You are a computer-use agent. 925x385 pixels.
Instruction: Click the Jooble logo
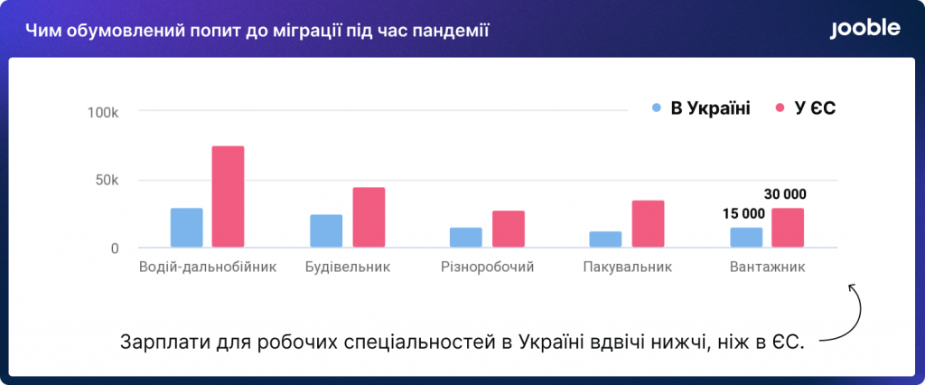tap(864, 29)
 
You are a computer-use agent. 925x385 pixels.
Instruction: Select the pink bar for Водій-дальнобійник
tap(229, 196)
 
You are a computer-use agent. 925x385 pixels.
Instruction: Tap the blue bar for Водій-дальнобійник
tap(186, 228)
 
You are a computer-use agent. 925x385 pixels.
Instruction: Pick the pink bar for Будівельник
tap(369, 217)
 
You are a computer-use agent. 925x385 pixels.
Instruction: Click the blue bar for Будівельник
tap(326, 230)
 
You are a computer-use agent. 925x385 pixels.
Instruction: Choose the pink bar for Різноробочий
tap(509, 229)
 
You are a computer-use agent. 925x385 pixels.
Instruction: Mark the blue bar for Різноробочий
tap(466, 237)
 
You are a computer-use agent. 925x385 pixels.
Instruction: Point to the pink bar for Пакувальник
tap(648, 223)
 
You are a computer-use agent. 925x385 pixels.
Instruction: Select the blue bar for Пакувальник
tap(605, 239)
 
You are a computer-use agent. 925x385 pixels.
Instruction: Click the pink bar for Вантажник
tap(788, 228)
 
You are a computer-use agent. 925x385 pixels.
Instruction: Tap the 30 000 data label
tap(785, 194)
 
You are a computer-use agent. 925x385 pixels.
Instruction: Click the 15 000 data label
tap(743, 214)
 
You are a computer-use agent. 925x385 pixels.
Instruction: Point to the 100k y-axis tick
tap(103, 112)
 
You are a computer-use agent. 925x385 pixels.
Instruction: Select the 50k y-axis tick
tap(107, 181)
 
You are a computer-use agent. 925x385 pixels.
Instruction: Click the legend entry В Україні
tap(701, 108)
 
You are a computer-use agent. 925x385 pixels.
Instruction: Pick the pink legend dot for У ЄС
tap(780, 108)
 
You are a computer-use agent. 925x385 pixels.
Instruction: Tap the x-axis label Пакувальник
tap(628, 267)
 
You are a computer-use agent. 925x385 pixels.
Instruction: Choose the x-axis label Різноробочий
tap(487, 267)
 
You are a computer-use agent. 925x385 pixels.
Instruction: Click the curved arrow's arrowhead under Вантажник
tap(852, 287)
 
